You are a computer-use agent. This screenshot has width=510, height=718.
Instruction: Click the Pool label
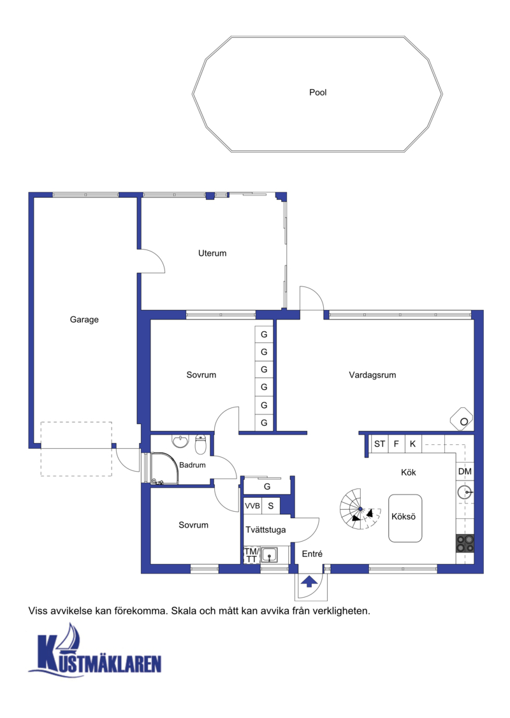coord(318,92)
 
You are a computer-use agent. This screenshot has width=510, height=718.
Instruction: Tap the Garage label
coord(84,320)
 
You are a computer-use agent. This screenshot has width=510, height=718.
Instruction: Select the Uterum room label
coord(212,253)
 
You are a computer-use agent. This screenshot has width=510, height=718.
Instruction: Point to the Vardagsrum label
coord(372,375)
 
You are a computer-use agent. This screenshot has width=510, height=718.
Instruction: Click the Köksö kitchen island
coord(405,518)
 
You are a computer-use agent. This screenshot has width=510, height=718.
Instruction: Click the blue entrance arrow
coord(309,582)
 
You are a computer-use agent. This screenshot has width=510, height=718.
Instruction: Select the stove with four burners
coord(465,544)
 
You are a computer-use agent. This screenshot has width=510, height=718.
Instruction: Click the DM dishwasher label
coord(465,472)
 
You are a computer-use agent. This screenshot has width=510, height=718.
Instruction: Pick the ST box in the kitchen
coord(379,444)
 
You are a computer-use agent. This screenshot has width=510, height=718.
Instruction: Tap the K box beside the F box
coord(412,444)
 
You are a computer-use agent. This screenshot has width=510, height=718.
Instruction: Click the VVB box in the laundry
coord(252,506)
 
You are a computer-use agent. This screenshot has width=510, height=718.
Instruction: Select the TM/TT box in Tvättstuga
coord(251,555)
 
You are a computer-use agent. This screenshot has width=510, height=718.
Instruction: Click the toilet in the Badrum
coord(201,444)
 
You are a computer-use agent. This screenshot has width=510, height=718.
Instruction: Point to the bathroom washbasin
coord(180,441)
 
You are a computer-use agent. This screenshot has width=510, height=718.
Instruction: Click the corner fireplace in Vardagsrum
coord(462,419)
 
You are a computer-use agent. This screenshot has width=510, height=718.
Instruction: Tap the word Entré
coord(312,554)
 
